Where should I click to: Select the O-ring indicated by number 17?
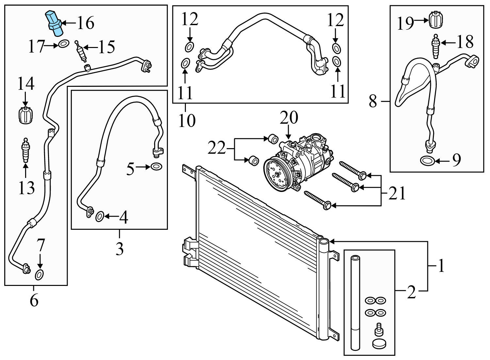point(64,43)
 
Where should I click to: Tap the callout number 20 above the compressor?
point(289,118)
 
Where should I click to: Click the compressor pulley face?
point(277,175)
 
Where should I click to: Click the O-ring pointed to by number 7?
point(39,275)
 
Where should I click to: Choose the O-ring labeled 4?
point(100,216)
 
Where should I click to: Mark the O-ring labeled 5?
point(156,167)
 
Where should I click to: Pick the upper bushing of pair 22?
point(273,138)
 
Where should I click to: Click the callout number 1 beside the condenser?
point(441,266)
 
